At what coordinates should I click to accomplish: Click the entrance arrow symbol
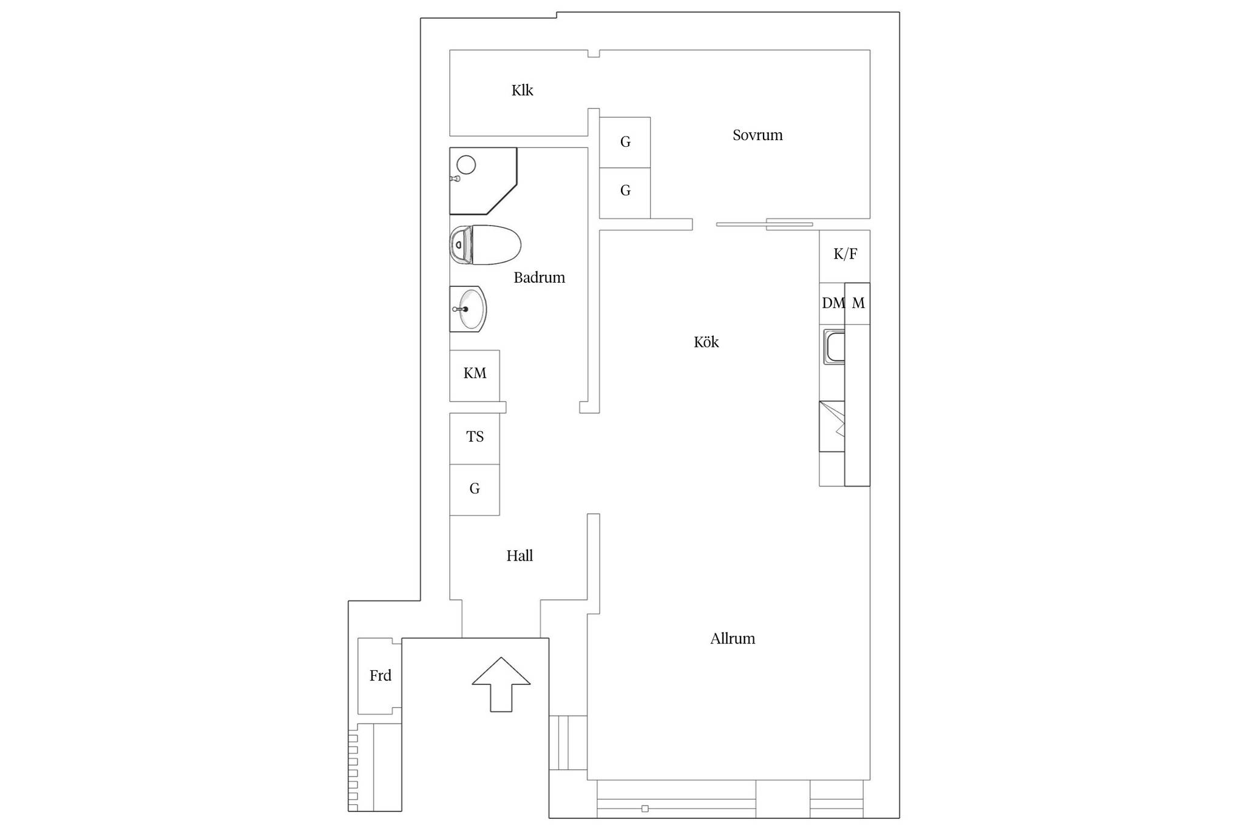click(x=501, y=684)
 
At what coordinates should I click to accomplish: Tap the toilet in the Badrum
click(x=485, y=245)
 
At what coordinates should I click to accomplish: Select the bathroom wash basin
click(x=468, y=309)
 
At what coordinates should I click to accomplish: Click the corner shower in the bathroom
click(x=483, y=181)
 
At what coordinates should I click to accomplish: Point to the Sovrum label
click(x=757, y=135)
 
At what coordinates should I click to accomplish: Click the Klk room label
click(x=522, y=90)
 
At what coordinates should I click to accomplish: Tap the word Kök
click(x=706, y=342)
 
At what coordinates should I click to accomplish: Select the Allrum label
click(x=733, y=639)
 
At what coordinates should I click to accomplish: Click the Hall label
click(x=520, y=556)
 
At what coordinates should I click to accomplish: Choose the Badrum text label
click(x=539, y=278)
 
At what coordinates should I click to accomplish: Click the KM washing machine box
click(x=475, y=375)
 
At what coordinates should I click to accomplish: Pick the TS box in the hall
click(x=475, y=439)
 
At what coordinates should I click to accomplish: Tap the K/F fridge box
click(x=845, y=256)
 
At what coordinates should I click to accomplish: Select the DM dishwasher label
click(x=833, y=303)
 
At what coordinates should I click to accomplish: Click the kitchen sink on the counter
click(x=834, y=347)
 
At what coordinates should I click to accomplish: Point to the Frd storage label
click(x=381, y=676)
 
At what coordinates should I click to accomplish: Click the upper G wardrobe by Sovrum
click(x=625, y=143)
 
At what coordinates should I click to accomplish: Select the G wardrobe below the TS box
click(x=475, y=490)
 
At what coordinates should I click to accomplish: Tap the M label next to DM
click(x=858, y=303)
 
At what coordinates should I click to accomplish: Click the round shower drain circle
click(x=466, y=164)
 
